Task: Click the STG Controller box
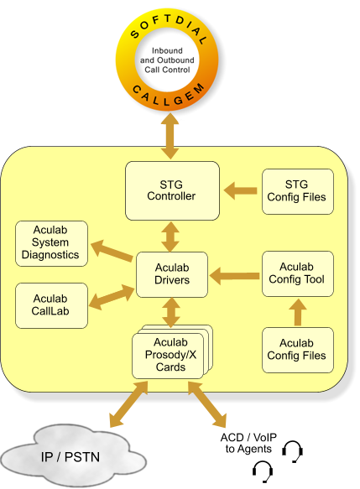point(172,190)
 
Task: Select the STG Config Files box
point(298,191)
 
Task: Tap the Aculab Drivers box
point(172,274)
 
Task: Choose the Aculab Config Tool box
point(298,273)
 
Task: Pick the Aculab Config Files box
point(298,350)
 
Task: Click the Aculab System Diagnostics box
point(51,243)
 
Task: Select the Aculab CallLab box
point(51,305)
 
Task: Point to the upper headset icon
point(292,451)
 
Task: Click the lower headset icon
point(263,471)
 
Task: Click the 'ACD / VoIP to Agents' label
point(248,443)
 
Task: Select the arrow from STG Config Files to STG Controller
point(241,190)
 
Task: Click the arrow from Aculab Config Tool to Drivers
point(235,276)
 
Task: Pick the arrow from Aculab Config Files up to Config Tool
point(298,312)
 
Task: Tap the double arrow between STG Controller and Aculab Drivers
point(170,237)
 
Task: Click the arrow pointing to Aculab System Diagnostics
point(112,251)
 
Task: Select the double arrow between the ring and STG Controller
point(170,136)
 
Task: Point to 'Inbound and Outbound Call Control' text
point(167,60)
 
